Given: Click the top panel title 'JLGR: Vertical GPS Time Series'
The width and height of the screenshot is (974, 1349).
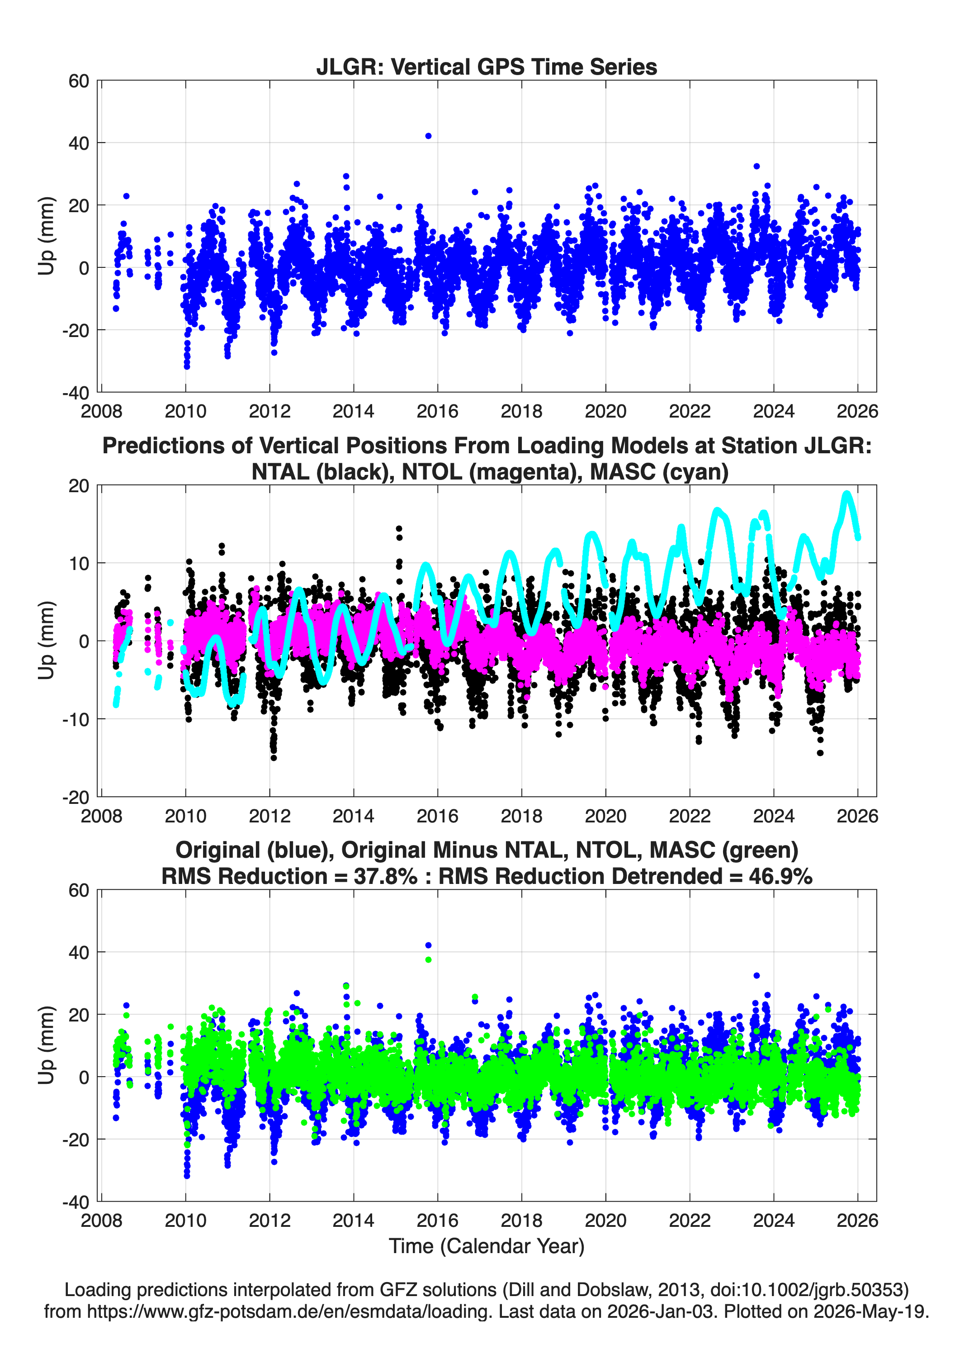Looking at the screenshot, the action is coord(487,66).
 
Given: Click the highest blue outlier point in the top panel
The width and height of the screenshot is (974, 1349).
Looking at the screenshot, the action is coord(428,136).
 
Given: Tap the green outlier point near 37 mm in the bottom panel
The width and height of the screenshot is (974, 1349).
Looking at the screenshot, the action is coord(428,959).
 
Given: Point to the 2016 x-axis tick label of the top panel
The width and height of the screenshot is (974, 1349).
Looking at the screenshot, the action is coord(438,411).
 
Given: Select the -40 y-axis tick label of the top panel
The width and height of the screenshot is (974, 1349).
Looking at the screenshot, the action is coord(76,393).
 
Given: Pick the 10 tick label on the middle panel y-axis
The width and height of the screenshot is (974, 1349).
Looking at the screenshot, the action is coord(79,563).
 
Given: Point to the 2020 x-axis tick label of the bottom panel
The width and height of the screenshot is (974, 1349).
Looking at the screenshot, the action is coord(606,1221).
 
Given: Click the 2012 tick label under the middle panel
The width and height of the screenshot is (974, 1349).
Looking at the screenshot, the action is coord(270,816).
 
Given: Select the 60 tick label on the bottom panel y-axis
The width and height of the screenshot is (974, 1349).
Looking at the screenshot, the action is coord(79,890).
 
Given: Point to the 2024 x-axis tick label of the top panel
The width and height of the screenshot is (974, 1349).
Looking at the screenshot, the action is coord(774,411).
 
